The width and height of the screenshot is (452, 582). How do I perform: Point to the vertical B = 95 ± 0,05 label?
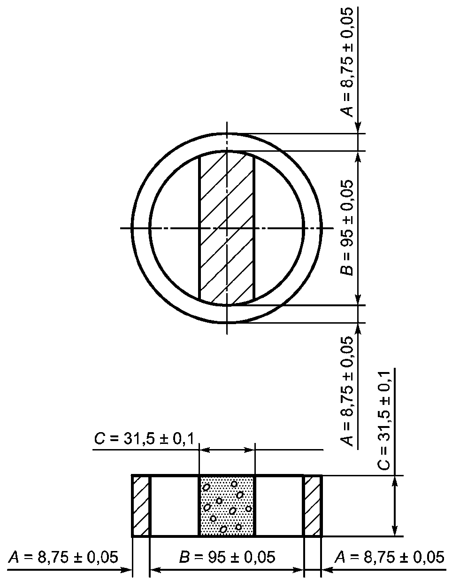(x=346, y=228)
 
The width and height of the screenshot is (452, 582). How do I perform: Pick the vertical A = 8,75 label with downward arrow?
(x=346, y=62)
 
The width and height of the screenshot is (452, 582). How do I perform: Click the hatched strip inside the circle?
(x=227, y=228)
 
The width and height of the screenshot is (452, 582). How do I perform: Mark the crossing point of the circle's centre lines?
(x=227, y=228)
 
